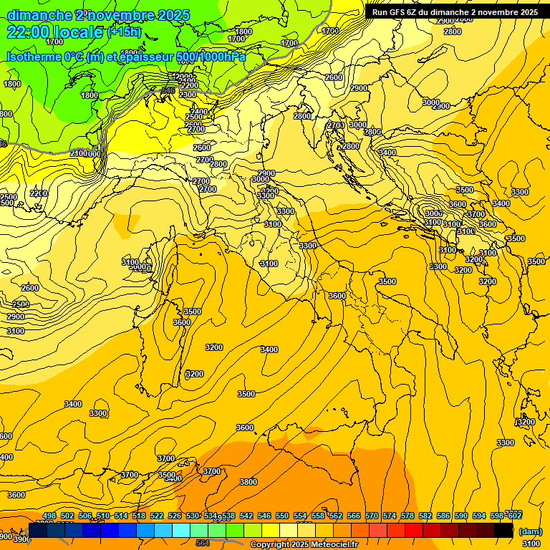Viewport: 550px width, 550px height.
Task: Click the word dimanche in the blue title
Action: pyautogui.click(x=38, y=15)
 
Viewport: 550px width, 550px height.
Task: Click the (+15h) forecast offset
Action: pyautogui.click(x=124, y=32)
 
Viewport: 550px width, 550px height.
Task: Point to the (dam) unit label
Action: pyautogui.click(x=530, y=531)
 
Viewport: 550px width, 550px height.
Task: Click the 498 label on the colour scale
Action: pyautogui.click(x=49, y=516)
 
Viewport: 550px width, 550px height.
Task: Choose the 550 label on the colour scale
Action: pyautogui.click(x=282, y=516)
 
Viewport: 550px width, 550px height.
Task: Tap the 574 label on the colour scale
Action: pyautogui.click(x=390, y=516)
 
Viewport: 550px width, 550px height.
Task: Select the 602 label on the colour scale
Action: pyautogui.click(x=514, y=516)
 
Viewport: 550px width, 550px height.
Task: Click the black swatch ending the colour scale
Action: pyautogui.click(x=503, y=530)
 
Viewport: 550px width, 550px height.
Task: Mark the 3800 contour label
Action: pyautogui.click(x=249, y=482)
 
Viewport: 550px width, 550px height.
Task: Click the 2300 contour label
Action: pyautogui.click(x=188, y=95)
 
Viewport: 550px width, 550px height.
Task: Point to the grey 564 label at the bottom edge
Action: pyautogui.click(x=203, y=543)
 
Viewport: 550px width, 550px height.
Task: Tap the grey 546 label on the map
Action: pyautogui.click(x=168, y=90)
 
